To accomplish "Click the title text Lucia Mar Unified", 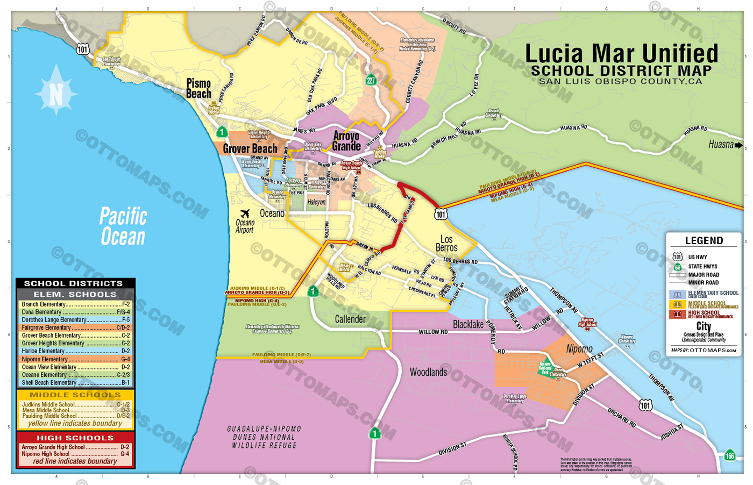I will (x=621, y=54).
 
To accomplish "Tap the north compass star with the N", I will (x=56, y=91).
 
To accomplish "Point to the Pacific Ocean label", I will (x=123, y=226).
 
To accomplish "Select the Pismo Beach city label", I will (x=198, y=88).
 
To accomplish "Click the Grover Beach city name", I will (x=250, y=148).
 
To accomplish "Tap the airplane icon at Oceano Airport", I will (x=245, y=213).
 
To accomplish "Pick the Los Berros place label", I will (x=446, y=243).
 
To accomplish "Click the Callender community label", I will (x=350, y=319).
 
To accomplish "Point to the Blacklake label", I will (x=468, y=324).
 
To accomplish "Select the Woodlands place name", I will (x=428, y=372).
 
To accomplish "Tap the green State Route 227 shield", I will (x=371, y=81).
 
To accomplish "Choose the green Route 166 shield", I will (x=729, y=455).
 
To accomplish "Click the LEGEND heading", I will (x=704, y=240).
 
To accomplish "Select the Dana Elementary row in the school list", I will (x=75, y=312).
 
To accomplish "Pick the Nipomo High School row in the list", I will (x=75, y=454).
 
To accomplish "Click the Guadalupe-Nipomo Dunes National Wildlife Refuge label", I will (x=264, y=437).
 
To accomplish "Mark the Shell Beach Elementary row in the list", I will (x=75, y=383).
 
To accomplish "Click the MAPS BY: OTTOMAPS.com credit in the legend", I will (x=704, y=351).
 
